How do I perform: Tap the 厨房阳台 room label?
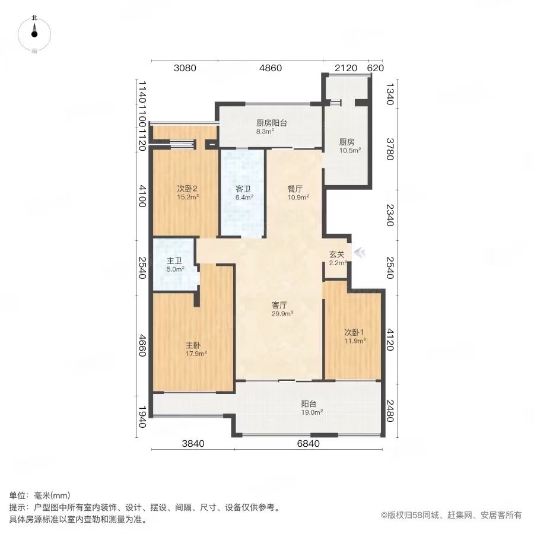272,123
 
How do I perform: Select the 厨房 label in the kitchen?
347,142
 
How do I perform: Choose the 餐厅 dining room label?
295,189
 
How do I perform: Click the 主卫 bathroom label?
174,260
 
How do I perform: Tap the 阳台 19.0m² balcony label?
309,403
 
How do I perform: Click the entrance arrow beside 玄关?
359,253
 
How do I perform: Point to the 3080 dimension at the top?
185,68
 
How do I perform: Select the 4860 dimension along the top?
271,68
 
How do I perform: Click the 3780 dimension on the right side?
389,149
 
